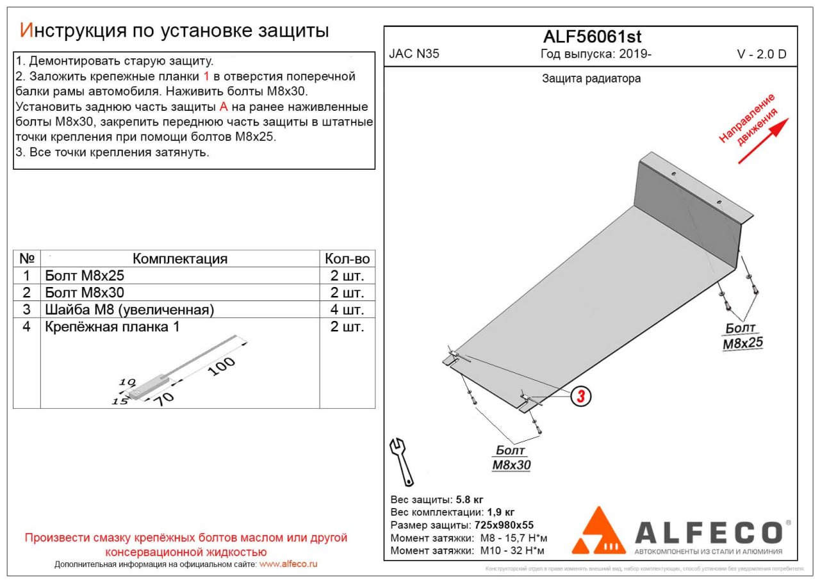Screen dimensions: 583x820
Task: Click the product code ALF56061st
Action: pyautogui.click(x=592, y=37)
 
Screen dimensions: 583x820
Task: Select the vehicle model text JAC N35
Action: pyautogui.click(x=414, y=54)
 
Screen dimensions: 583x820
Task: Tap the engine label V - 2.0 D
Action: pyautogui.click(x=762, y=54)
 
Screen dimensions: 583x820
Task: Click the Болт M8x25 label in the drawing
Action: pyautogui.click(x=742, y=336)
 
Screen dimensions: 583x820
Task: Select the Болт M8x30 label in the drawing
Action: pyautogui.click(x=511, y=458)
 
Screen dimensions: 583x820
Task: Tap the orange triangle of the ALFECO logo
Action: pyautogui.click(x=598, y=532)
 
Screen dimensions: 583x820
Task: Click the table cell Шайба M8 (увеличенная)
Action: pyautogui.click(x=129, y=310)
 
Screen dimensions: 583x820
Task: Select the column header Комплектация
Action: pyautogui.click(x=180, y=259)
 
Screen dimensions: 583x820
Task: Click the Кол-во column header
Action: pyautogui.click(x=347, y=259)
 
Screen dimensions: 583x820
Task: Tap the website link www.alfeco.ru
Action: pyautogui.click(x=288, y=564)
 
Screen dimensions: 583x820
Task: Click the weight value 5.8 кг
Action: pyautogui.click(x=470, y=499)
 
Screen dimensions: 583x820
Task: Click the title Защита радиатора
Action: pyautogui.click(x=591, y=79)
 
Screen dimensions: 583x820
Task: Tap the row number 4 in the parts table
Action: pyautogui.click(x=26, y=327)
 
